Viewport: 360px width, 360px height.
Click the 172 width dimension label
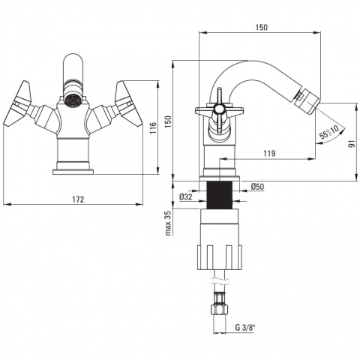tap(78, 199)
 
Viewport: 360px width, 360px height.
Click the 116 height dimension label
tap(153, 127)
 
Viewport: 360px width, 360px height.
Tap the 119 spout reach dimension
tap(269, 153)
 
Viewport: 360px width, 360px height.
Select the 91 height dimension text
tap(352, 143)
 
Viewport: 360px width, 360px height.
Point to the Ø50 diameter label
tap(257, 187)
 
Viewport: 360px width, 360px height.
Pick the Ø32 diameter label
tap(186, 197)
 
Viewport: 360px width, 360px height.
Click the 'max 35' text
tap(168, 223)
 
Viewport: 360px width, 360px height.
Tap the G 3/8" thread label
tap(245, 328)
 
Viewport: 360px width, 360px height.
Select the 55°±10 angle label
tap(329, 132)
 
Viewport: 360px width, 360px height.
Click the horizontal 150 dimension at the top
tap(261, 27)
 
